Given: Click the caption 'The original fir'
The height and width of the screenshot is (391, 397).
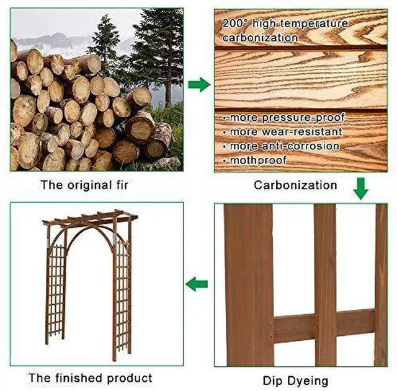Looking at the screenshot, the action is (x=84, y=185).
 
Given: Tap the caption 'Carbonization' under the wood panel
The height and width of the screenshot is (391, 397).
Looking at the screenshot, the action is (x=295, y=185).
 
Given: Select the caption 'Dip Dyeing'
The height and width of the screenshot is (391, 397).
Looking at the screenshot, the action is (x=295, y=381).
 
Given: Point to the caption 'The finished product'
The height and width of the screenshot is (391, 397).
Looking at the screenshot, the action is (x=91, y=379).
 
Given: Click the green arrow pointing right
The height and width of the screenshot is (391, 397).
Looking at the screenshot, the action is (x=199, y=84).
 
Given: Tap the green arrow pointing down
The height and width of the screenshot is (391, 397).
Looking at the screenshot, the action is (x=361, y=188).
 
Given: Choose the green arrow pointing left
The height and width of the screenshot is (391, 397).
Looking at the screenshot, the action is (x=197, y=284).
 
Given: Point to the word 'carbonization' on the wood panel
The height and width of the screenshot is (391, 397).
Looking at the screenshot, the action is (x=260, y=38).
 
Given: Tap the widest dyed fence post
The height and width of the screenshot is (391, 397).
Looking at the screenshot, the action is (x=249, y=285).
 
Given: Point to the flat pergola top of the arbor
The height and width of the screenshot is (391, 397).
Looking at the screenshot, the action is (x=90, y=218).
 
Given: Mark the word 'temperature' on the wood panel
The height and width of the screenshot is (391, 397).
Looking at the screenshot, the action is (x=314, y=24).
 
